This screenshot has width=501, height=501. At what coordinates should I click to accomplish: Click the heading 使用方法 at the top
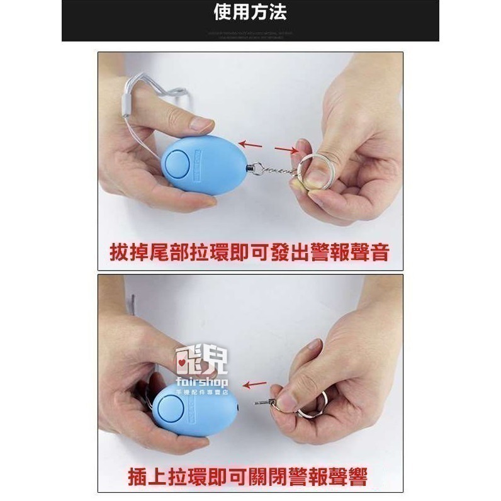250,12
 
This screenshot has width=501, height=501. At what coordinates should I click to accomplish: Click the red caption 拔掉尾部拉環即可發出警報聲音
250,253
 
